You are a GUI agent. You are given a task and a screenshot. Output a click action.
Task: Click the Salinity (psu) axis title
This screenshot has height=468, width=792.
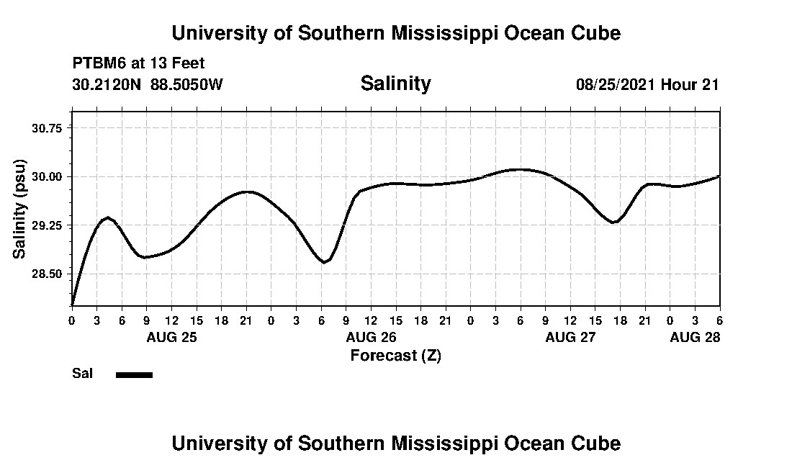click(19, 209)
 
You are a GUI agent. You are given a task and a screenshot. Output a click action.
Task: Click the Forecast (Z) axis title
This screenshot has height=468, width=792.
click(395, 355)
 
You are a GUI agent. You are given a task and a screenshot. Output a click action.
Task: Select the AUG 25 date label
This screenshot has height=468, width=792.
click(171, 337)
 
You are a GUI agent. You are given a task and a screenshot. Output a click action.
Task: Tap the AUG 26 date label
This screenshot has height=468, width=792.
click(371, 337)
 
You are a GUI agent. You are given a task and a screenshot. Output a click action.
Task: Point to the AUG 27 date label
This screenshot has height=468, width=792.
click(570, 337)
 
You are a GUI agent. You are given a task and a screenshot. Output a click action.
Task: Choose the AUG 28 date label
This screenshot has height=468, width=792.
click(695, 337)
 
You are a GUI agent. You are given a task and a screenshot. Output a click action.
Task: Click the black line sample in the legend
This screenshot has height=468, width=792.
click(134, 374)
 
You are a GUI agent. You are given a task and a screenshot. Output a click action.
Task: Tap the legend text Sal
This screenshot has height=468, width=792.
click(81, 374)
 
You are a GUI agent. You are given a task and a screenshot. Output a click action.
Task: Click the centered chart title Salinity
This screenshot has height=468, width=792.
click(395, 84)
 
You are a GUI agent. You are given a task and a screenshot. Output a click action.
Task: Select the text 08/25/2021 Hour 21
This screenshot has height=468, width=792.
click(647, 84)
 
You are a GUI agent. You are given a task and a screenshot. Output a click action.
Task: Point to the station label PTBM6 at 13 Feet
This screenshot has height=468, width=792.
click(138, 63)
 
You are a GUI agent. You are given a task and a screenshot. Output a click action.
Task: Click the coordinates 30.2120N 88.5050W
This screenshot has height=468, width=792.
click(148, 84)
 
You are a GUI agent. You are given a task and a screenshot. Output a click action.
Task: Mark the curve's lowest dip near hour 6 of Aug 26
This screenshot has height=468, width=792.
click(325, 262)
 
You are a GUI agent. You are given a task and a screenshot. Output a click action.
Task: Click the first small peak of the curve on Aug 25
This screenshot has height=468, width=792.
click(107, 217)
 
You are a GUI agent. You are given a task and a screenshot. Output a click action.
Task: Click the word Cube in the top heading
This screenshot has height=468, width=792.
click(596, 33)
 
